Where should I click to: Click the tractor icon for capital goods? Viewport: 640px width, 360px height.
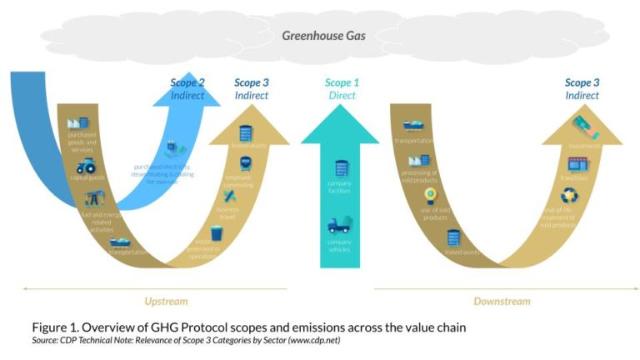tap(86, 165)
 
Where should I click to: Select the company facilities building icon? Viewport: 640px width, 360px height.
tap(339, 169)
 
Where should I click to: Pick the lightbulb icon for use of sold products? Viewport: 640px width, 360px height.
tap(430, 194)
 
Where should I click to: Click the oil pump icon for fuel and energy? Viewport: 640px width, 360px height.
tap(92, 201)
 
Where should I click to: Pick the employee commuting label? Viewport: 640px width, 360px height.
tap(237, 181)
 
